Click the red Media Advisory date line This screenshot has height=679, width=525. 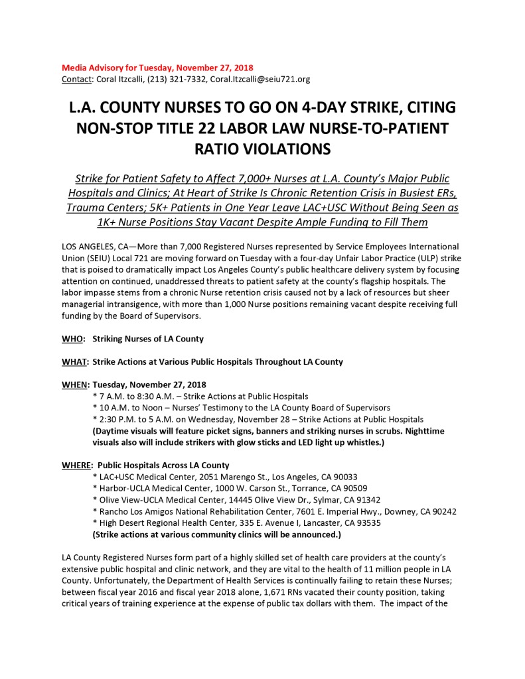click(x=157, y=68)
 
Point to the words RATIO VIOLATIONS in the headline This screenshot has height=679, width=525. click(x=262, y=149)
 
